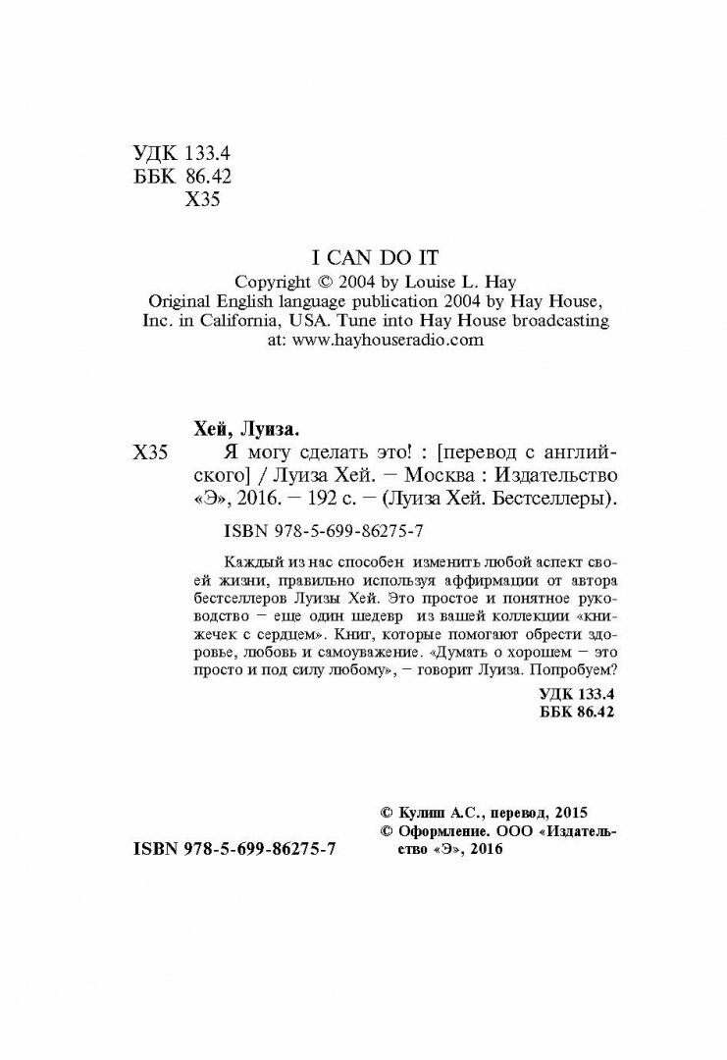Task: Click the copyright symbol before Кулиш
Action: pyautogui.click(x=385, y=813)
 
